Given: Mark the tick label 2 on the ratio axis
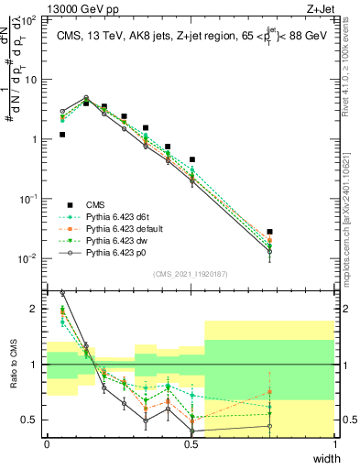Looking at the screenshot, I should (37, 309).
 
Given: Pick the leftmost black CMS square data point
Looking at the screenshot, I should (62, 135).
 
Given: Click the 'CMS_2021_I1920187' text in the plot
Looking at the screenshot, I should (191, 274).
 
